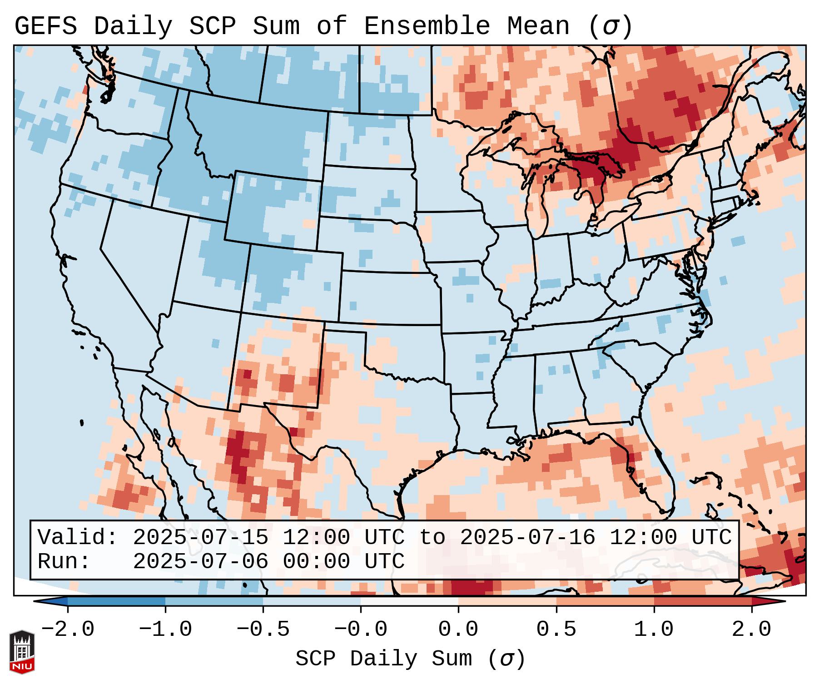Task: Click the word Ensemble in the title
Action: click(x=427, y=26)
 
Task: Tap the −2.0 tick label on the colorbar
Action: click(x=68, y=630)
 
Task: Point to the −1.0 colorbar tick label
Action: click(x=165, y=630)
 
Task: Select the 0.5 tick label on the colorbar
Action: click(x=556, y=630)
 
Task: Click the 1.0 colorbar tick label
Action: click(x=654, y=630)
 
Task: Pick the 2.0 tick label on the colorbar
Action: click(x=751, y=630)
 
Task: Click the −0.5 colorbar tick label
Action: click(x=263, y=630)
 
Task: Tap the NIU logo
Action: click(x=22, y=652)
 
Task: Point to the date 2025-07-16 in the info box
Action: click(x=527, y=538)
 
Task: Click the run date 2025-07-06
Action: click(x=200, y=562)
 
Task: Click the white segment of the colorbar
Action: click(x=409, y=601)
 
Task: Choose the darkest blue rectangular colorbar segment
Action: click(x=116, y=601)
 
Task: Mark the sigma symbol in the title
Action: click(x=610, y=26)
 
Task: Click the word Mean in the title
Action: click(x=538, y=26)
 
